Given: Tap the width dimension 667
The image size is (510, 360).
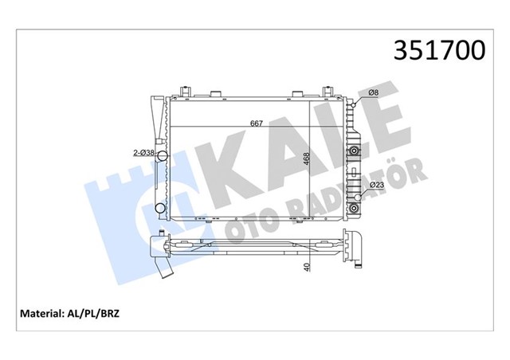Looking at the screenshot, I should coord(257,123).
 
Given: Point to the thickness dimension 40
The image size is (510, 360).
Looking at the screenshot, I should coord(307,268).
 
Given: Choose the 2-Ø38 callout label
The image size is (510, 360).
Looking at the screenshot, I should coord(144,152).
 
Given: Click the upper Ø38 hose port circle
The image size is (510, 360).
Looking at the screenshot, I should coord(162,155).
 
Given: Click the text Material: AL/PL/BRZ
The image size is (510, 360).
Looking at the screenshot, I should coord(70,315).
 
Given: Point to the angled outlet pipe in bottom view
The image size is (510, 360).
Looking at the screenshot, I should coord(166,270).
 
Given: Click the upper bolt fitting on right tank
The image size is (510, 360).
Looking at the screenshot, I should coord(353,150).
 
